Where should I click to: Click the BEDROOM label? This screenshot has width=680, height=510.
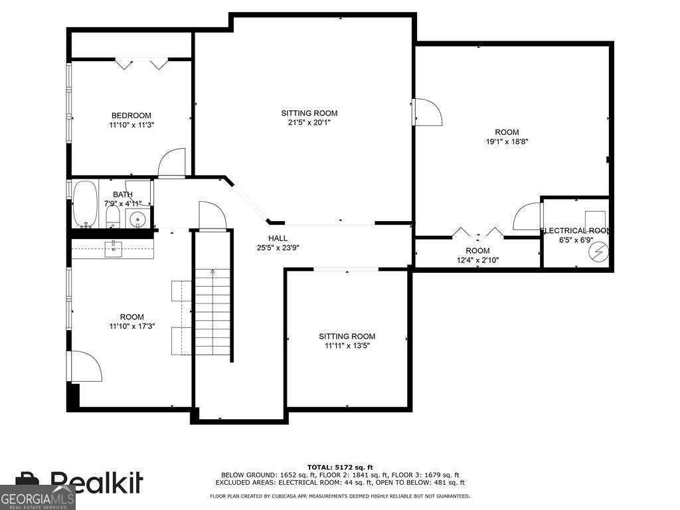131,116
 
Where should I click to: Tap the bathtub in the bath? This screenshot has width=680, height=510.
85,204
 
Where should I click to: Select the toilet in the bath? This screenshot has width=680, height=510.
113,216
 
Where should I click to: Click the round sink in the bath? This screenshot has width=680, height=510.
138,218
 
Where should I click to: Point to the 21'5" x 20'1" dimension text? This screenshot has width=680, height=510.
309,123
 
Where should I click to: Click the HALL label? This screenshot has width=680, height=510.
278,238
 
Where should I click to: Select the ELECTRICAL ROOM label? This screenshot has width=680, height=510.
576,230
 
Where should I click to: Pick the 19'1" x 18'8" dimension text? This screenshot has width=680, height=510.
507,141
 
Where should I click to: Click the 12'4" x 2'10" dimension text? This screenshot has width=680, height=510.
477,260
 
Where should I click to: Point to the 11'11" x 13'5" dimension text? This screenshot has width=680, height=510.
347,345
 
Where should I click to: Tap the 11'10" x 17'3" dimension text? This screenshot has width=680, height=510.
132,326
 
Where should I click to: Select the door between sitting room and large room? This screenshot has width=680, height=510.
428,112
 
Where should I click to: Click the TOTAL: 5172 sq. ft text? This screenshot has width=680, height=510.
340,467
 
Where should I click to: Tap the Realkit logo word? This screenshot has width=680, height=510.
96,482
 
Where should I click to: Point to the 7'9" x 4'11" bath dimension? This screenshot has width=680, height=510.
123,203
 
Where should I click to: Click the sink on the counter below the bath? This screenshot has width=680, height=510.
113,250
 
